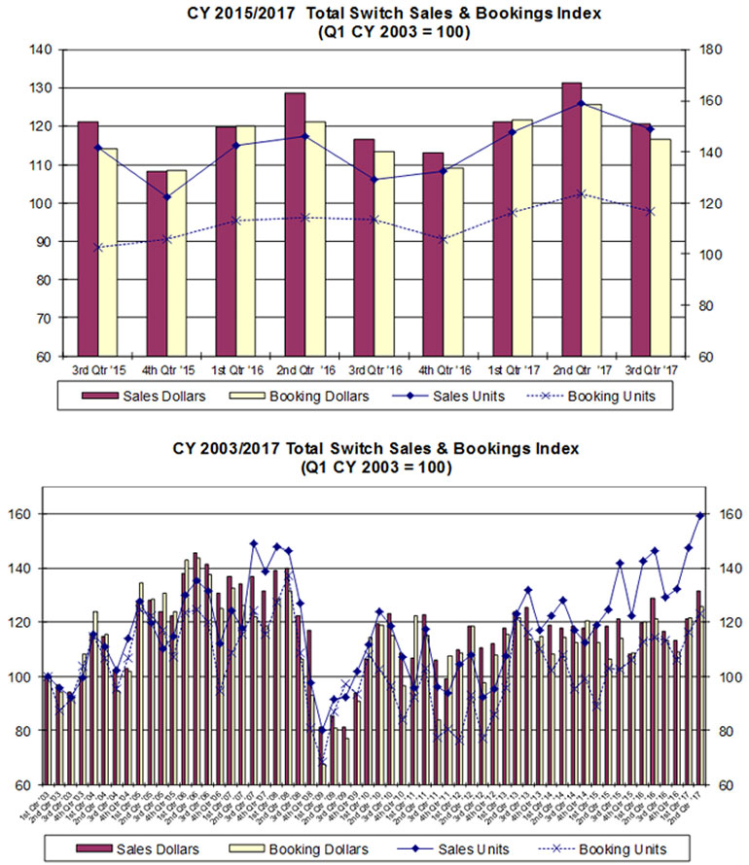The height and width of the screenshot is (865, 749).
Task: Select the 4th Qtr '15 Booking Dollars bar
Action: coord(176,262)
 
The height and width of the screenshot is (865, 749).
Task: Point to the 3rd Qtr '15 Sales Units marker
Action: coord(98,148)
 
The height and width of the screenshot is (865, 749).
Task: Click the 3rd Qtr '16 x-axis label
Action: coord(374,369)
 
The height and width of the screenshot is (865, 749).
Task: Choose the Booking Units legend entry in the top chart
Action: coord(602,396)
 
